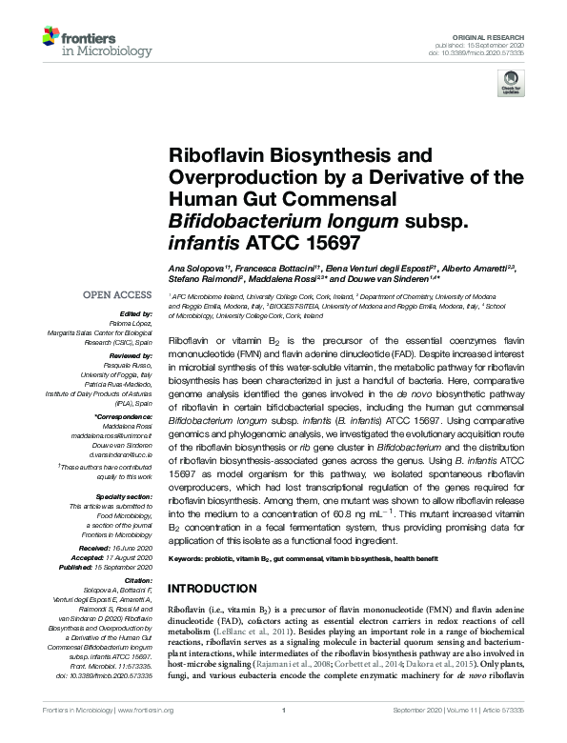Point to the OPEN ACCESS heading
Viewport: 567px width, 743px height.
pos(118,294)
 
